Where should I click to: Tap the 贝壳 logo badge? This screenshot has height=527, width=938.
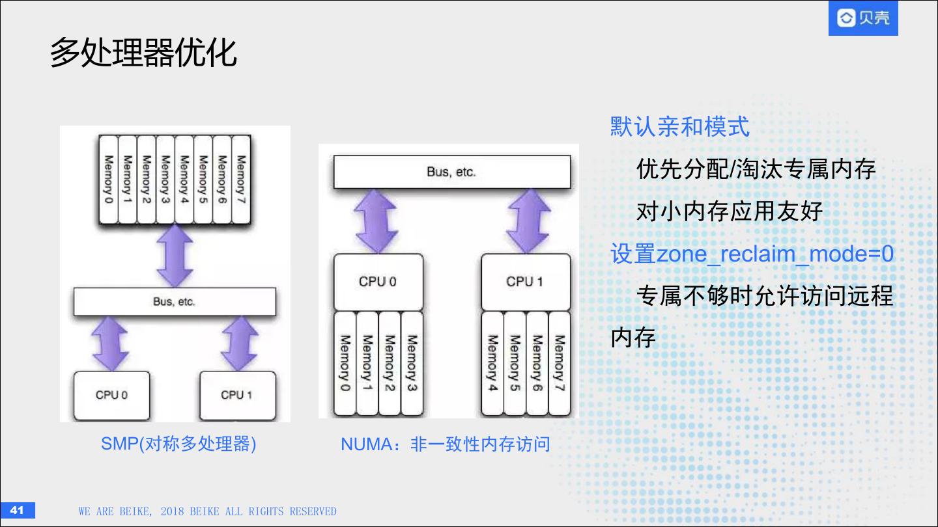point(863,18)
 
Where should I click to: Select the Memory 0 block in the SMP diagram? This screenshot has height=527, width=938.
point(108,179)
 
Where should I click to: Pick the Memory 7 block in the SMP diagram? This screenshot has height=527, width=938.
point(240,179)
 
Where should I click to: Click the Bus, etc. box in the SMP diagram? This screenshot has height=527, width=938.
point(175,302)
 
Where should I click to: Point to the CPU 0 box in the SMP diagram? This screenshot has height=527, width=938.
point(111,395)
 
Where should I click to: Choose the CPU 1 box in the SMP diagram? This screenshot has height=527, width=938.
point(236,395)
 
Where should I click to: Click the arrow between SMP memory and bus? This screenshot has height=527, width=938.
point(175,255)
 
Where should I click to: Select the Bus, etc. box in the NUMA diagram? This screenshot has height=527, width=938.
point(451,172)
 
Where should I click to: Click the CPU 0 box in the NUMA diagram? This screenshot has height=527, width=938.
point(378,282)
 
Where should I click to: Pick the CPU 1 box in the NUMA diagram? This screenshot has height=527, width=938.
point(525,282)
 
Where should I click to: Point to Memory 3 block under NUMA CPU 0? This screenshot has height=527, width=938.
point(412,363)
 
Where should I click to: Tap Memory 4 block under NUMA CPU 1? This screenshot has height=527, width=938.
point(492,363)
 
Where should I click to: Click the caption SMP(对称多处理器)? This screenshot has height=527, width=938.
point(178,444)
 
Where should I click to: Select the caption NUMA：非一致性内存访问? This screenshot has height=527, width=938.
point(446,444)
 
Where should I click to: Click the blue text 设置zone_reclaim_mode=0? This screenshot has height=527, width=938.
point(752,254)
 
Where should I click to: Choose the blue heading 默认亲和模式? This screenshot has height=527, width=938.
point(680,127)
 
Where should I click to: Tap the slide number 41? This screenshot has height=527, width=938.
point(18,510)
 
